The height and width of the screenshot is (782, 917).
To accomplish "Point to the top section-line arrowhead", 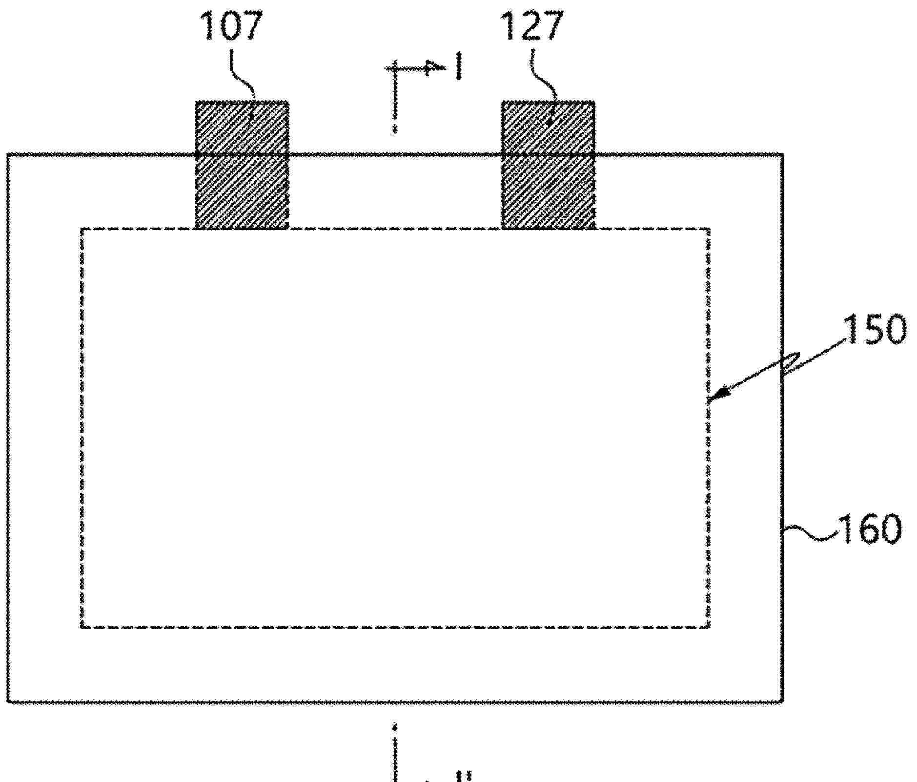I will point(432,68).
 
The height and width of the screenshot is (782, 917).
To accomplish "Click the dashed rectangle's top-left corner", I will point(82,229).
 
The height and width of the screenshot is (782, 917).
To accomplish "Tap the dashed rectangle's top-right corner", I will point(709,229).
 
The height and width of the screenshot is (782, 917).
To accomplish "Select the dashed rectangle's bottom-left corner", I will point(82,627).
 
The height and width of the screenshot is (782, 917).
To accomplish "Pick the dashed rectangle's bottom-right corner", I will point(709,627).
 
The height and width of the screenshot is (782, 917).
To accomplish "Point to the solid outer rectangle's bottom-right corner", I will point(783,702).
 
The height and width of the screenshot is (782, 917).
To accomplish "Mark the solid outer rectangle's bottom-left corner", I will point(8,702).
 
